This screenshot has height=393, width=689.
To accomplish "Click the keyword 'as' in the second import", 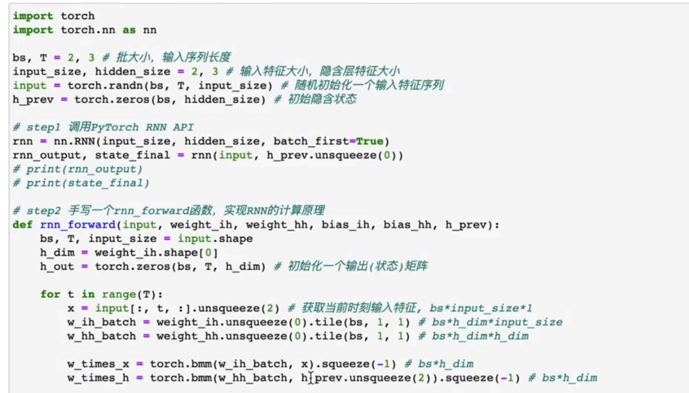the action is pyautogui.click(x=129, y=30).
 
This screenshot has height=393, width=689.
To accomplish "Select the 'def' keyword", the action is pyautogui.click(x=23, y=225).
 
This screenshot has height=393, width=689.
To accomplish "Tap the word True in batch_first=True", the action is pyautogui.click(x=370, y=141).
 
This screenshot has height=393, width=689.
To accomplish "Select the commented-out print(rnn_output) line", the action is pyautogui.click(x=78, y=169).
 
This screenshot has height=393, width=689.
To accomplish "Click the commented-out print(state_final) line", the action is pyautogui.click(x=81, y=183).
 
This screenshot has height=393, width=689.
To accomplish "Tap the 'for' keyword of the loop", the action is pyautogui.click(x=50, y=294).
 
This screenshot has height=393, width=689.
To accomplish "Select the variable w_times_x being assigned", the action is pyautogui.click(x=98, y=364).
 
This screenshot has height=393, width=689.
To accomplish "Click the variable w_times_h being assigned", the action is pyautogui.click(x=98, y=378).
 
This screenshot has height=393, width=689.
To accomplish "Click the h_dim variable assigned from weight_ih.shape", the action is pyautogui.click(x=57, y=253).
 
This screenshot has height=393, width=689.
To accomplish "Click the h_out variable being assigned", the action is pyautogui.click(x=57, y=267).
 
